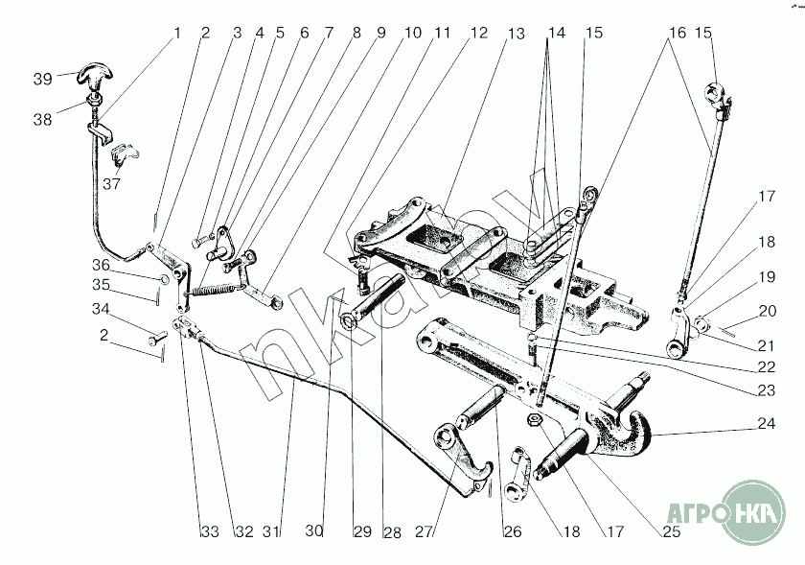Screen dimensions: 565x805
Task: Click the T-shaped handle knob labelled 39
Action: [97, 72]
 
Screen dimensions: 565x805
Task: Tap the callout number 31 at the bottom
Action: [273, 532]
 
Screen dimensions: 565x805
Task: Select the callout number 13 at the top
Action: [517, 34]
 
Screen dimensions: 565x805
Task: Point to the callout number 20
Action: [767, 311]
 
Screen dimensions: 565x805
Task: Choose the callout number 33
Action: [210, 532]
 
